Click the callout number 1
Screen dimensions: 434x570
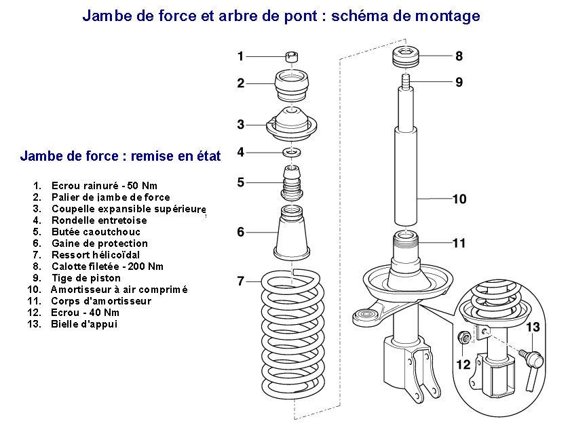(240, 56)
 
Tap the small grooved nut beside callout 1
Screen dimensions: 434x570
(292, 57)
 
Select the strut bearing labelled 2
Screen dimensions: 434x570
(292, 86)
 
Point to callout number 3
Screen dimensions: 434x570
(240, 124)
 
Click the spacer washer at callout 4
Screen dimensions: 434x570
(292, 151)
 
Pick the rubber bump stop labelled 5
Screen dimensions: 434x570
(292, 183)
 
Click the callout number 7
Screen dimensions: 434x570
(240, 281)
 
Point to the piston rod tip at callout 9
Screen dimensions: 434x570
(404, 83)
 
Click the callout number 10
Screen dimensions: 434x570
(459, 199)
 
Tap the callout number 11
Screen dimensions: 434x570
(459, 242)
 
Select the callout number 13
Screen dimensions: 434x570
(533, 328)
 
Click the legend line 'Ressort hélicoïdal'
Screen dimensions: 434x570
(95, 254)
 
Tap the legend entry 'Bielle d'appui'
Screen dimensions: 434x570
(83, 323)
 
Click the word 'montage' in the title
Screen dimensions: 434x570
(445, 16)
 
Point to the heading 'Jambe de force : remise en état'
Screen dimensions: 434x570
(120, 157)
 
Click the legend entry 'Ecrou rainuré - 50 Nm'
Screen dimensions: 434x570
(104, 185)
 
